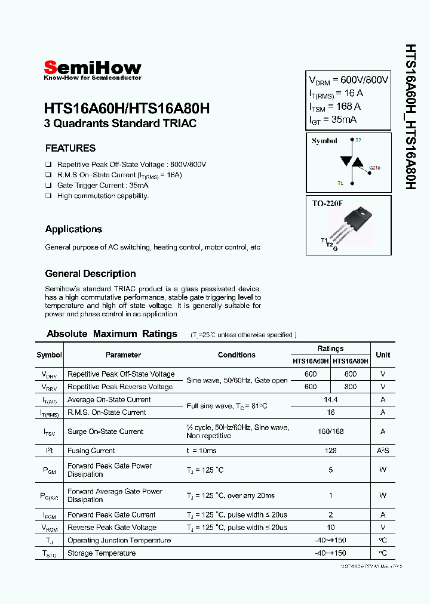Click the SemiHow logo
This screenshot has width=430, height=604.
(93, 69)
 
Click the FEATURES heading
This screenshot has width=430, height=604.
(70, 148)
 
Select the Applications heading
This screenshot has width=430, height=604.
(73, 229)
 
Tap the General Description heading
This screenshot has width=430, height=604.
(90, 274)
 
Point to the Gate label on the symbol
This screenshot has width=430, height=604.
(374, 168)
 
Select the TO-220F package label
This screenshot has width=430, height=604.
(327, 204)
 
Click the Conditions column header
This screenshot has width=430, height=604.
(236, 355)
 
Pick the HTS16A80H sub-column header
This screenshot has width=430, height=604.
(351, 361)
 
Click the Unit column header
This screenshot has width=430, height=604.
(383, 355)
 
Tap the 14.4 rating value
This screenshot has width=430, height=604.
(330, 399)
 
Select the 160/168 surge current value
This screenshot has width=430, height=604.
(330, 432)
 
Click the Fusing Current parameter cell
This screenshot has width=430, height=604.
(91, 451)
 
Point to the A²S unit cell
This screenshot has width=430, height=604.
(383, 451)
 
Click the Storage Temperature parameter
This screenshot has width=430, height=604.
(102, 553)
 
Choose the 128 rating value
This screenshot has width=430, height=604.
(330, 451)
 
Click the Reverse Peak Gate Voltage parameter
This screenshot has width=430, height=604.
(112, 528)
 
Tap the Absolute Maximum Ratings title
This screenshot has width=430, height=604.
(112, 334)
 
